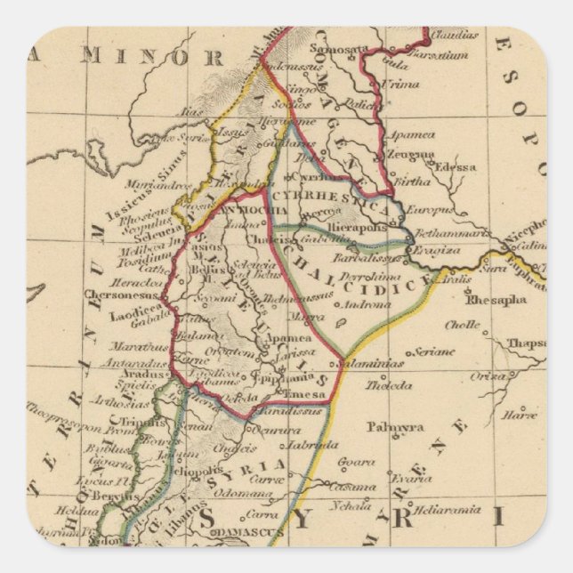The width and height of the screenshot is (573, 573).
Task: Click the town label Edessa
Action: pyautogui.click(x=456, y=166)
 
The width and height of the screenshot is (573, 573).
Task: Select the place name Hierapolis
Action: pyautogui.click(x=356, y=227)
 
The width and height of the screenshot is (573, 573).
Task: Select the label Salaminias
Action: pyautogui.click(x=377, y=363)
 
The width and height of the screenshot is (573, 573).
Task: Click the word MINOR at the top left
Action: pyautogui.click(x=165, y=58)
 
